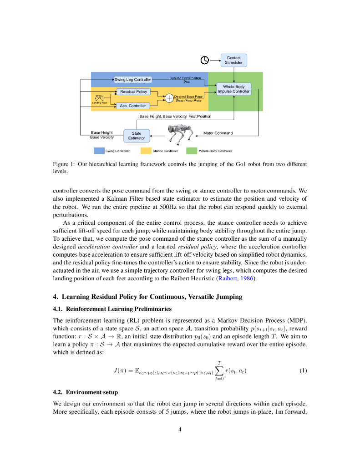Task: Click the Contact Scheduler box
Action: [234, 60]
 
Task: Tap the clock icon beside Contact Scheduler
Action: [205, 60]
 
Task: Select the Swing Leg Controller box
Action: [132, 80]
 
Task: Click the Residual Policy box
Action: [133, 91]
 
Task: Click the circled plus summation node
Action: [169, 98]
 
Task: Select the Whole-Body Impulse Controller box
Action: [233, 89]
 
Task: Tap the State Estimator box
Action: [137, 136]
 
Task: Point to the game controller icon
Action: [99, 98]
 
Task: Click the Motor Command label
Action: [218, 133]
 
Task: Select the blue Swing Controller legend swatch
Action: [99, 151]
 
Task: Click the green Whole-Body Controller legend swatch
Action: [191, 151]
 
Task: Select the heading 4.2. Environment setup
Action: [86, 392]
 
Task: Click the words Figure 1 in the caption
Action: [63, 164]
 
